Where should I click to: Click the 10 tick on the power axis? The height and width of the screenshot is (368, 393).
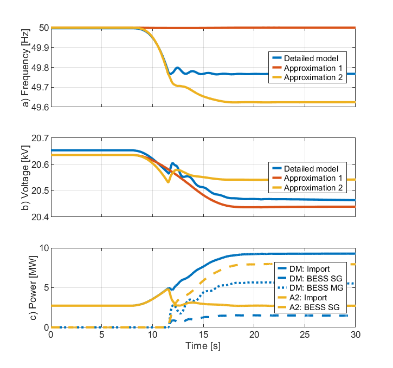pyautogui.click(x=43, y=248)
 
